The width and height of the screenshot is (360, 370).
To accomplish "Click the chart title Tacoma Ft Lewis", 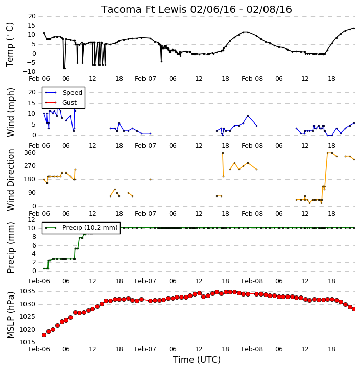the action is tap(144, 9).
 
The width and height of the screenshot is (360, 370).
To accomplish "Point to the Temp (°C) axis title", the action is tap(10, 45).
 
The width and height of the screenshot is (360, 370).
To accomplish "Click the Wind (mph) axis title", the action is tap(10, 112).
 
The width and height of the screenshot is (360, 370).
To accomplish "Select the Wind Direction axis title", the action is tap(10, 180).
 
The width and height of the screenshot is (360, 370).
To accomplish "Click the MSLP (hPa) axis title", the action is tap(10, 315).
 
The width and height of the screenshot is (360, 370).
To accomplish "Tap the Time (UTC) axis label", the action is tap(197, 360).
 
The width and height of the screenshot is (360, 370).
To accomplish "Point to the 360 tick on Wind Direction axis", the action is tap(30, 153).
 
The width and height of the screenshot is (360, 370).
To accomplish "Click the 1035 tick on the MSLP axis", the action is tap(28, 291).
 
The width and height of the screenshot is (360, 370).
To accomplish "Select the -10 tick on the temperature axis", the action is tap(29, 72).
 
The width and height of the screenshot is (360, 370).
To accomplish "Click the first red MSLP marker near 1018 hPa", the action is tap(44, 335).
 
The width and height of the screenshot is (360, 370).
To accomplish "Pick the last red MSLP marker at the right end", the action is tap(354, 309).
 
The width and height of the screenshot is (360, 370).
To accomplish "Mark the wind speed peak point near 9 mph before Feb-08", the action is tap(248, 116).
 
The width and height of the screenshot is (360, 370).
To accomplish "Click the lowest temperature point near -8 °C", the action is tap(64, 68).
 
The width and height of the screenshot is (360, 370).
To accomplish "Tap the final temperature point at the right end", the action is tap(354, 28).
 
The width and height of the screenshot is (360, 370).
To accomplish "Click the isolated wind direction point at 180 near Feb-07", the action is tap(150, 179).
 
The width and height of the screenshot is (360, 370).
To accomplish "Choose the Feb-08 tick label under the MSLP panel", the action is tap(252, 349).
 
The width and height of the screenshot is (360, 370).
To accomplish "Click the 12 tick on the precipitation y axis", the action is tap(32, 220).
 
